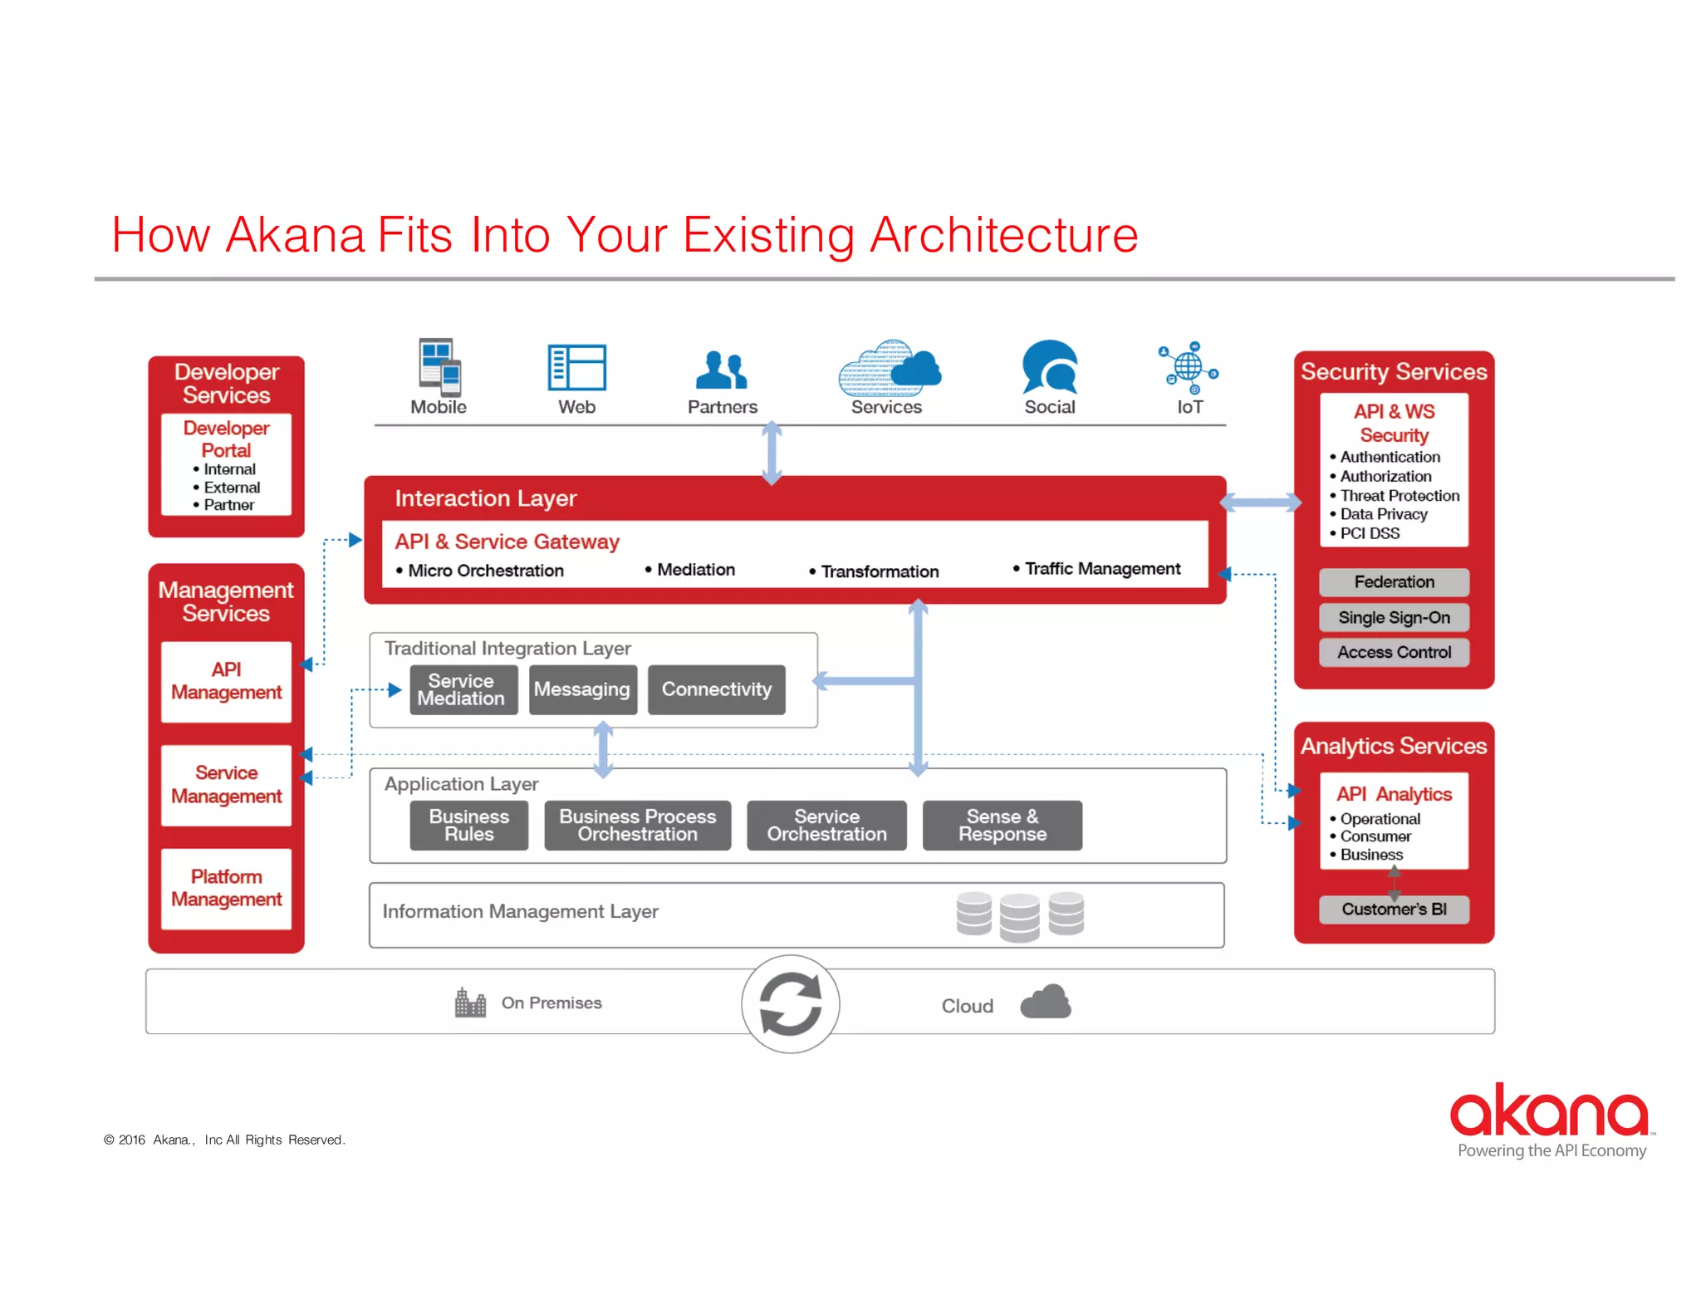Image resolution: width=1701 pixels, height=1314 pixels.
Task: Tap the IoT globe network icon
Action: click(1189, 367)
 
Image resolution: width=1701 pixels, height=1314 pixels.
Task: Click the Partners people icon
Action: click(722, 370)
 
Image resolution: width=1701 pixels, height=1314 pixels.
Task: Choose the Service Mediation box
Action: click(463, 689)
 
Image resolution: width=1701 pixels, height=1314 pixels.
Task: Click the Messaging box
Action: click(582, 689)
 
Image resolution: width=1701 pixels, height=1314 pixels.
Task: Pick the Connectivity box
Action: click(716, 689)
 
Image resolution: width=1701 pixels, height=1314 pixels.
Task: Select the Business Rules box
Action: click(468, 825)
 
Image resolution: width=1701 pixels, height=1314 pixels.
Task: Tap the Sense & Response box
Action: click(1002, 825)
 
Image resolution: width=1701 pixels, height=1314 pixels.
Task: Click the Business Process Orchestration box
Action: click(637, 825)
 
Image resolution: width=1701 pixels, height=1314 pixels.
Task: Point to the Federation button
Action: click(1394, 581)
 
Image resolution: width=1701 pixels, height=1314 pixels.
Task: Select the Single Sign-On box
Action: click(1394, 617)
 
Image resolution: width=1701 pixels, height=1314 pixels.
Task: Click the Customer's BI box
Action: click(1394, 909)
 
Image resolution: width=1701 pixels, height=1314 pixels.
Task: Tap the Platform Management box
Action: click(226, 888)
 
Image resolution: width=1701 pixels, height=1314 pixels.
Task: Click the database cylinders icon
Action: click(1019, 915)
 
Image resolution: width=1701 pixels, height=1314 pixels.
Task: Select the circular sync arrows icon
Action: click(791, 1003)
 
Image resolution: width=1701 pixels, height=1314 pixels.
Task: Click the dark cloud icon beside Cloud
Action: click(1045, 1002)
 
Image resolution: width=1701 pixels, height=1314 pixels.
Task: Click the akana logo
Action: click(1550, 1111)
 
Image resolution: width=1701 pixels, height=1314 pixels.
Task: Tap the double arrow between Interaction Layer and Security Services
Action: click(1260, 502)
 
